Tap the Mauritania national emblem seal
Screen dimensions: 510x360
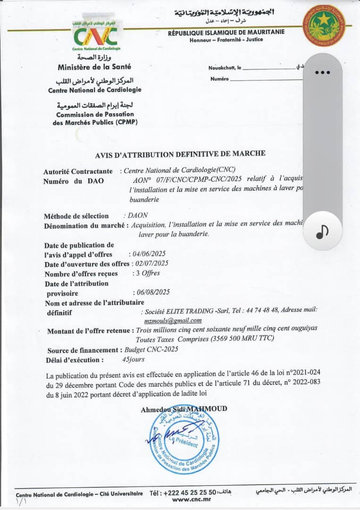(x=324, y=25)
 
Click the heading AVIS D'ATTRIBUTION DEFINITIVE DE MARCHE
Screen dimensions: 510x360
(x=180, y=153)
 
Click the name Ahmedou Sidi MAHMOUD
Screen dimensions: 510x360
(x=184, y=409)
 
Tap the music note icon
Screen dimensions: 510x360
(x=323, y=231)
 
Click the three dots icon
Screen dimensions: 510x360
(x=322, y=73)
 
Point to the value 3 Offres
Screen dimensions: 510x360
(x=146, y=273)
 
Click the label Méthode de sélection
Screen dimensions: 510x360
(x=76, y=216)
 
